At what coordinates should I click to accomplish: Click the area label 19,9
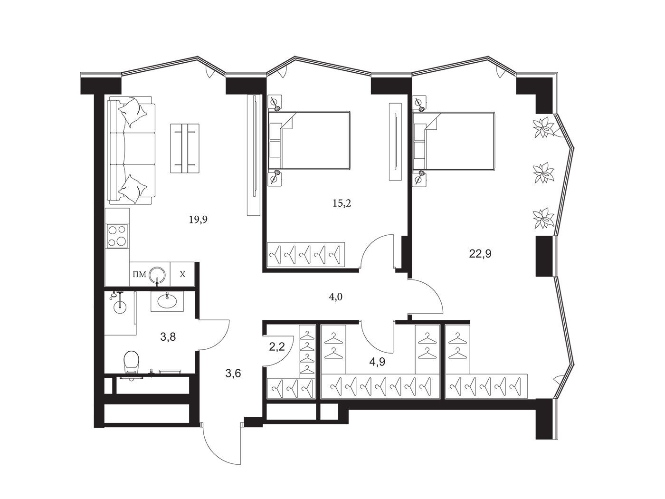tap(198, 220)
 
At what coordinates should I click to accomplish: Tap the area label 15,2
tap(342, 203)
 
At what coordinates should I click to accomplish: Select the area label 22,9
tap(480, 253)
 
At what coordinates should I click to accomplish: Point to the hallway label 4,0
tap(335, 297)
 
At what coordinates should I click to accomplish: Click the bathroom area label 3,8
tap(168, 336)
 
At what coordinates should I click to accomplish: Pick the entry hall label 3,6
tap(233, 374)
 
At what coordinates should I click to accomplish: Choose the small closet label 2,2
tap(277, 346)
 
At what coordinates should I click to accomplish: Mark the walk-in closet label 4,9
tap(377, 362)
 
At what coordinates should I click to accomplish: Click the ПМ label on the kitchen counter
tap(139, 275)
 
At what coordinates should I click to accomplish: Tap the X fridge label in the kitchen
tap(182, 275)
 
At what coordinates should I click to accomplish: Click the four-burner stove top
tap(117, 236)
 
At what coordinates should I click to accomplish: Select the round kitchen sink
tap(158, 274)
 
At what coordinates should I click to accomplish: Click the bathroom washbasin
tap(167, 301)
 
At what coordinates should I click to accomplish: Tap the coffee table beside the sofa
tap(184, 148)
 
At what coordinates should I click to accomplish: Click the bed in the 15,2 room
tap(309, 140)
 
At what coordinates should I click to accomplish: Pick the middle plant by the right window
tap(544, 173)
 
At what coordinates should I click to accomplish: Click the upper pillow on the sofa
tap(133, 112)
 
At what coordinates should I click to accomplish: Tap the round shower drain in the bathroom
tap(120, 307)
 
